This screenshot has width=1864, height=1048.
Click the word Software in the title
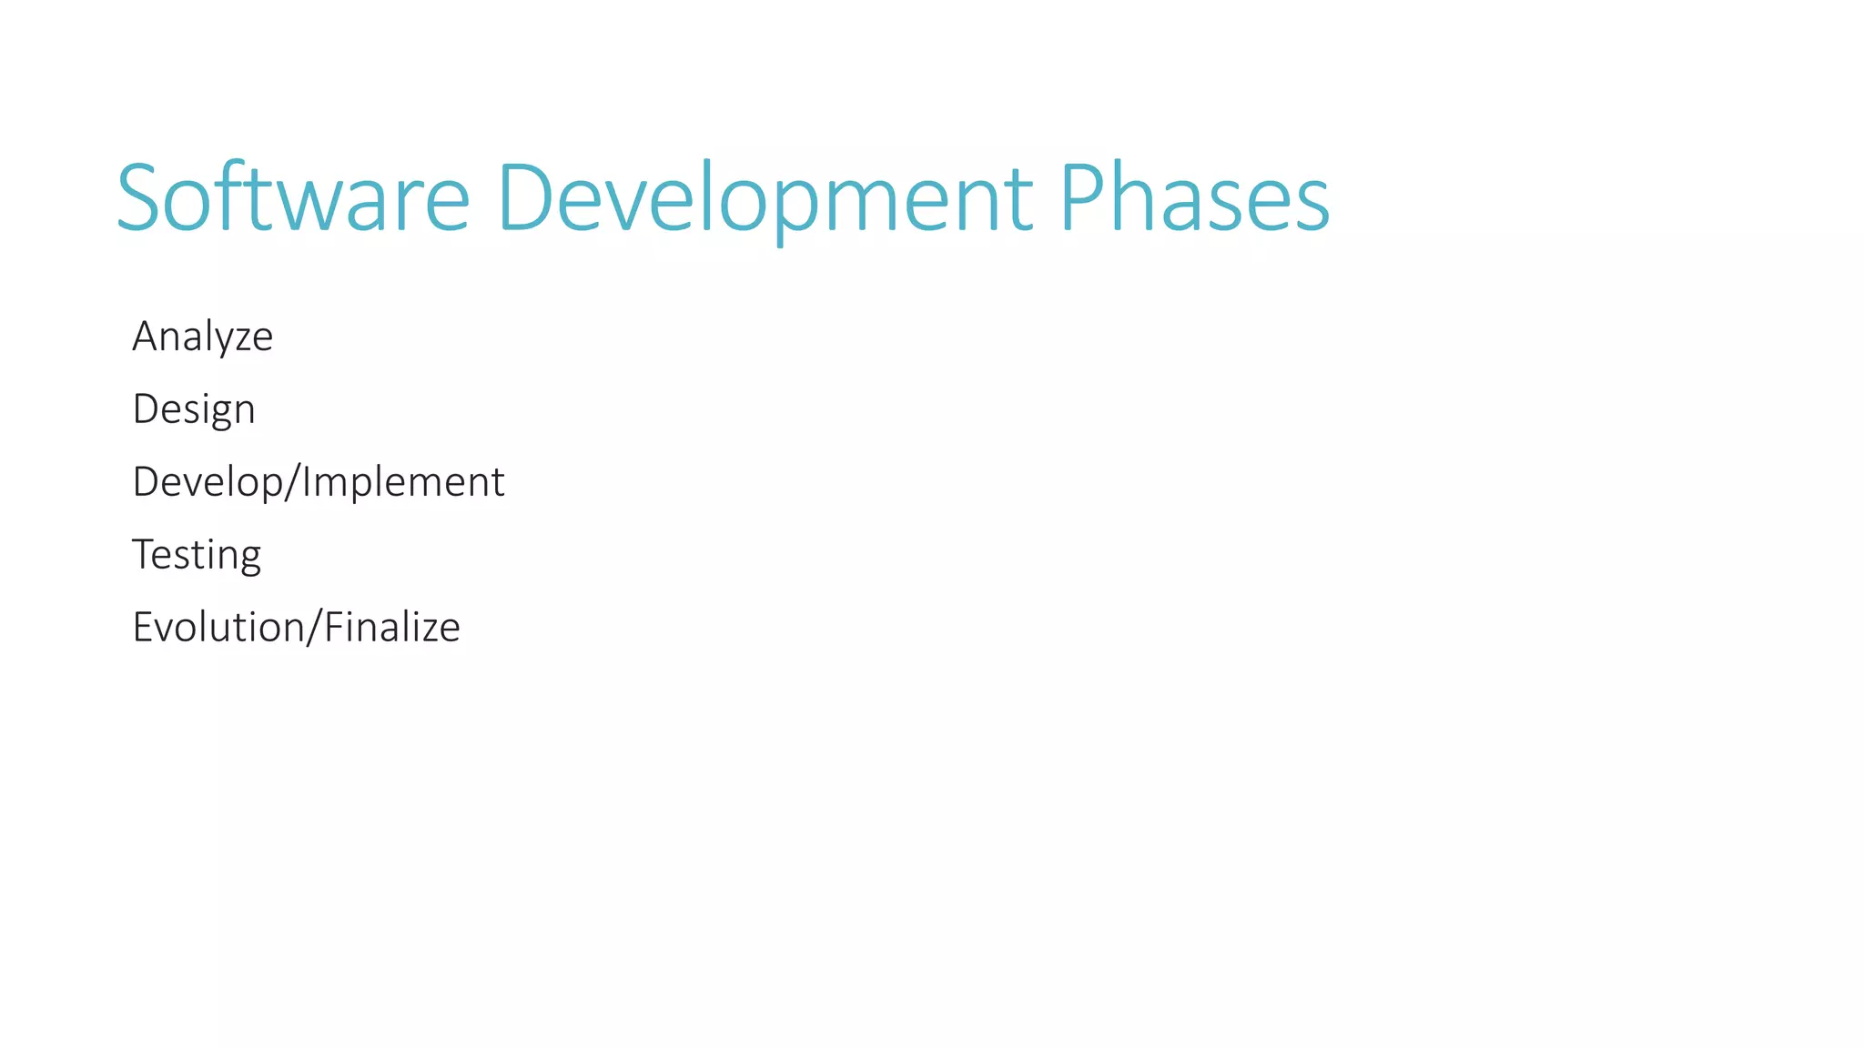pyautogui.click(x=293, y=197)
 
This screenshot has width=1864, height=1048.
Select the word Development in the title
pyautogui.click(x=765, y=197)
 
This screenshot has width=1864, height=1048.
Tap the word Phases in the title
pyautogui.click(x=1194, y=197)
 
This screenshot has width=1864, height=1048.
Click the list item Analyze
pyautogui.click(x=202, y=337)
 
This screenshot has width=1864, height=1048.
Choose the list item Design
pyautogui.click(x=193, y=409)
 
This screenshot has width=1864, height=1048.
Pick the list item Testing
pyautogui.click(x=197, y=555)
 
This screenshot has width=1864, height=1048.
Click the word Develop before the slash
pyautogui.click(x=208, y=482)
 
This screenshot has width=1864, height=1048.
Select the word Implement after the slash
pyautogui.click(x=403, y=482)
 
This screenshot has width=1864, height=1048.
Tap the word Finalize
pyautogui.click(x=392, y=628)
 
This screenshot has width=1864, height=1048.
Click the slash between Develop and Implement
pyautogui.click(x=292, y=482)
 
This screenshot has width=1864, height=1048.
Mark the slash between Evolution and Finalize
pyautogui.click(x=314, y=628)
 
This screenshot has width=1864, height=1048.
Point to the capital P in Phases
pyautogui.click(x=1083, y=197)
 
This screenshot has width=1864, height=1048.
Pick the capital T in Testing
pyautogui.click(x=144, y=555)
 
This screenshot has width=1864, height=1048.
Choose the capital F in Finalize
pyautogui.click(x=332, y=628)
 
